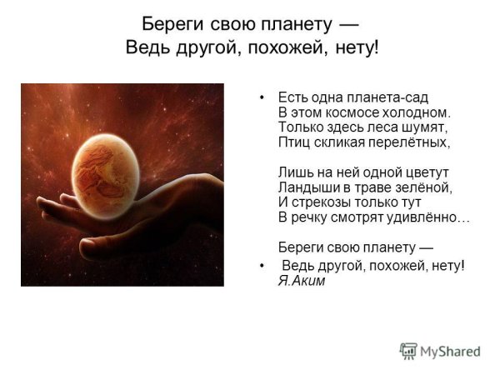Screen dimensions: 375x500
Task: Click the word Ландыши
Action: [306, 188]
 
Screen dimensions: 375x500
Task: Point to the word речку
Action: [310, 218]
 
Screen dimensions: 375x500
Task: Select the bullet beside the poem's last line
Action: [262, 266]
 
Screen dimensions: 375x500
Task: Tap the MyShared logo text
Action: [451, 352]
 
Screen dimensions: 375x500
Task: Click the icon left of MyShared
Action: [408, 351]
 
